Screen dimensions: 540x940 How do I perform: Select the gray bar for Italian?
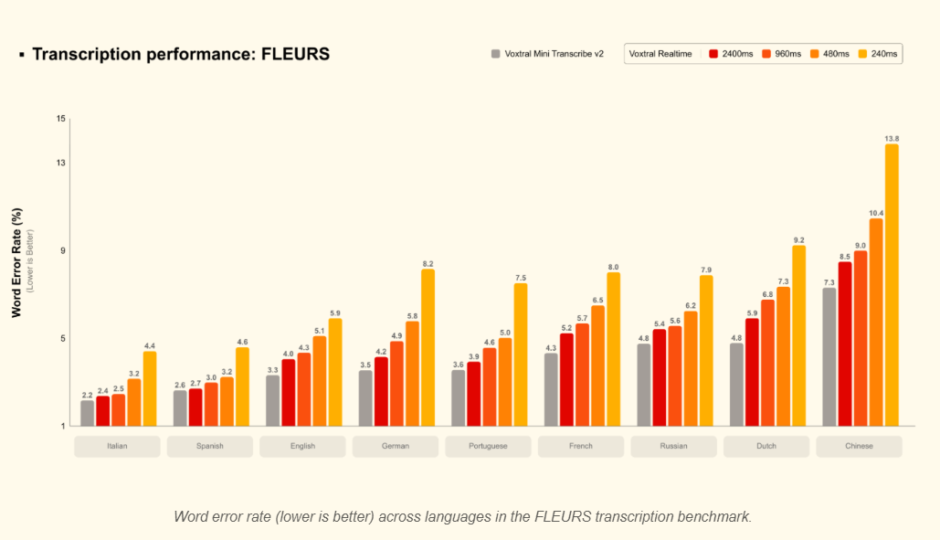(87, 413)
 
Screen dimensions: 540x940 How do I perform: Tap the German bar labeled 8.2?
(428, 347)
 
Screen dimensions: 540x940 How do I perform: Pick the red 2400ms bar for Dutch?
(752, 372)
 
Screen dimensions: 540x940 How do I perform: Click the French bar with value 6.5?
(597, 365)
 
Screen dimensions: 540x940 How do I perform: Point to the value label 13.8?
(892, 138)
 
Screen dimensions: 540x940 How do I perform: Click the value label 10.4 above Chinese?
(876, 213)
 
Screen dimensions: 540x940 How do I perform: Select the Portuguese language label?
(489, 446)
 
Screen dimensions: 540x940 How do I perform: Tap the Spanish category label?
(210, 446)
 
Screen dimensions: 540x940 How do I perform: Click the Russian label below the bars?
(674, 446)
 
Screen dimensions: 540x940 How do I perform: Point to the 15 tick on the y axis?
(61, 119)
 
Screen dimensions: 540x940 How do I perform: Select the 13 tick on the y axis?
(61, 163)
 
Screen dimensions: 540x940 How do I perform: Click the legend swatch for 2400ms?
(713, 54)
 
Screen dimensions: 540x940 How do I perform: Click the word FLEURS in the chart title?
(295, 54)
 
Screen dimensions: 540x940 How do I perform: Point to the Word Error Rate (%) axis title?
(16, 262)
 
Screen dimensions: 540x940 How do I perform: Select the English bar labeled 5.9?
(334, 372)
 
